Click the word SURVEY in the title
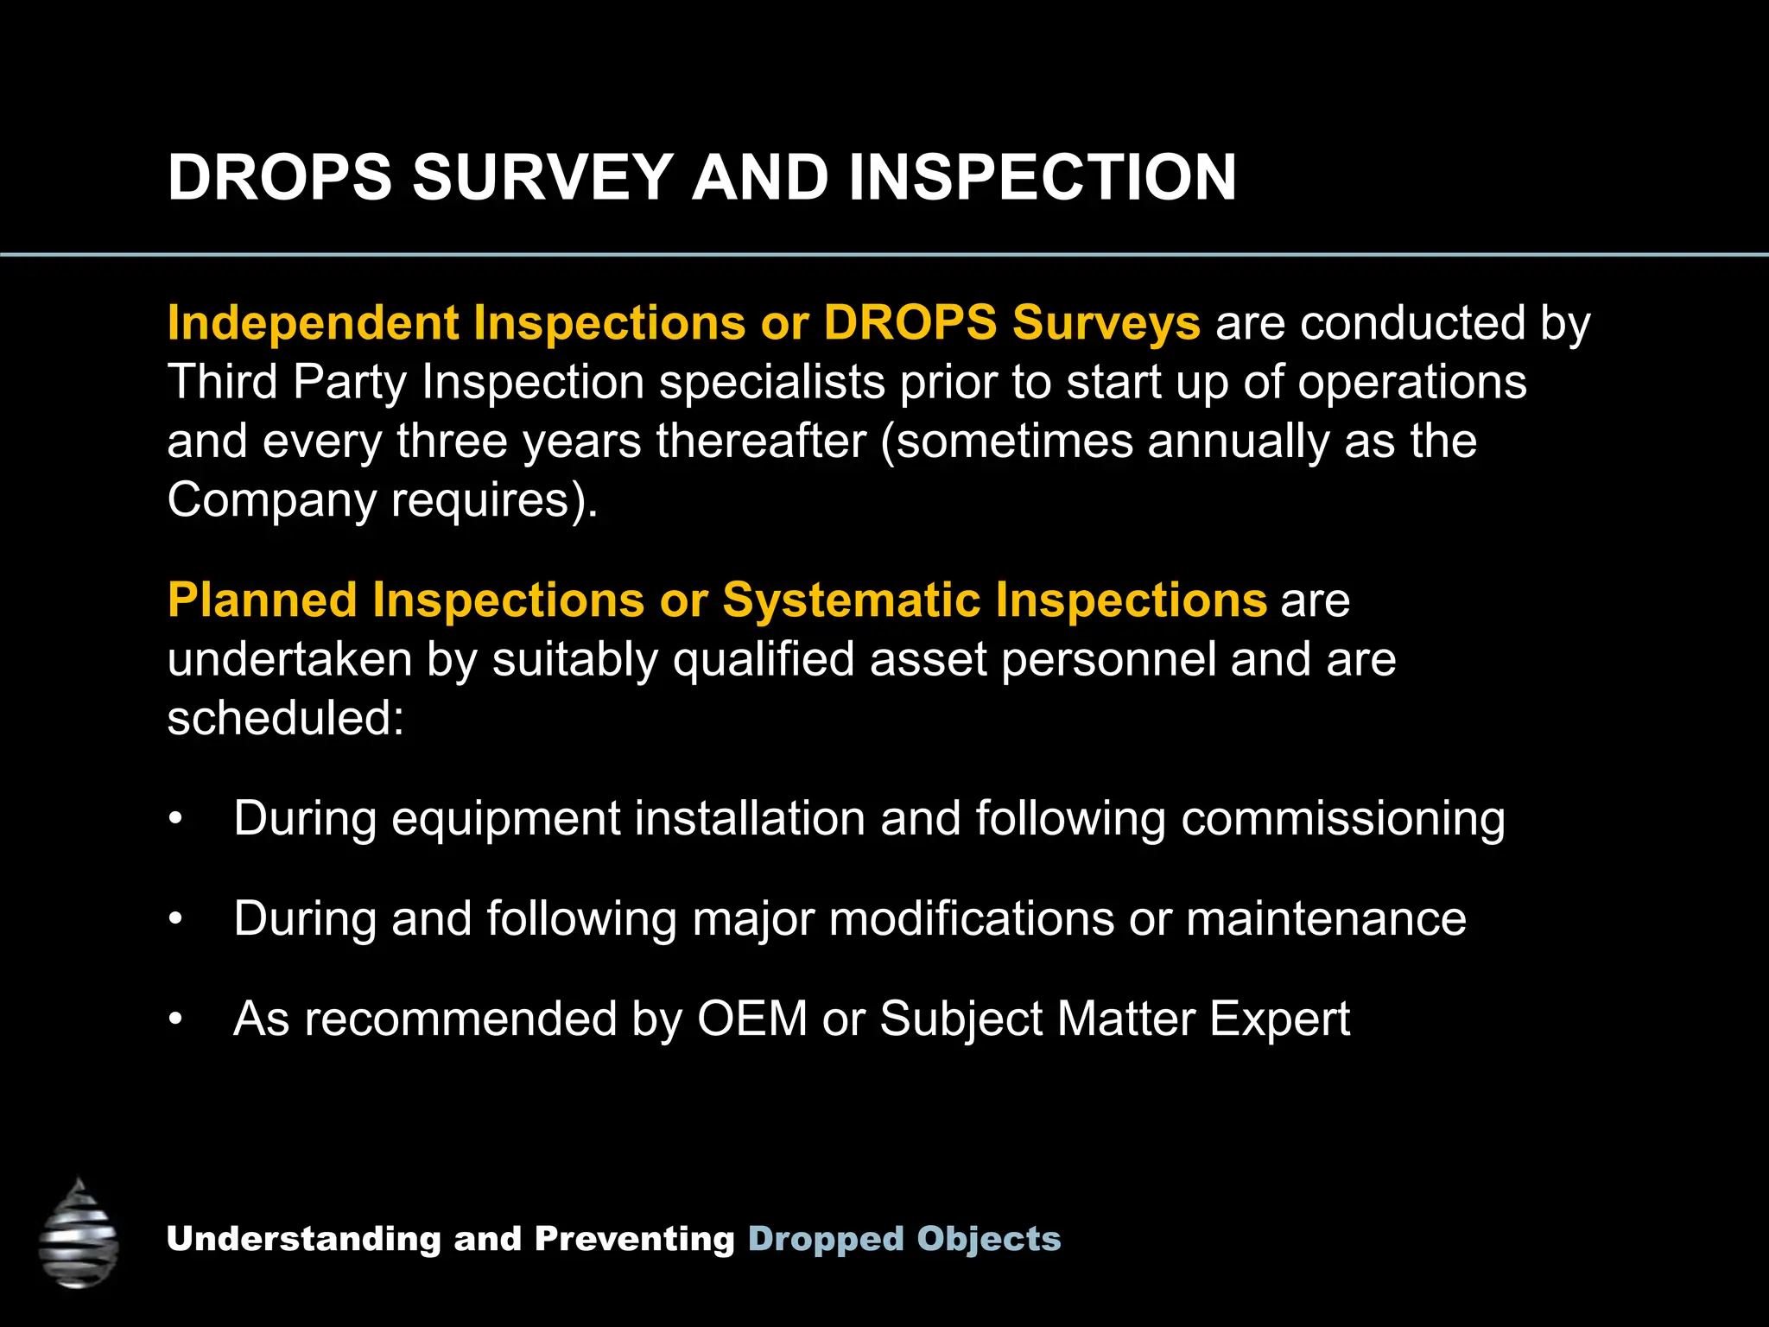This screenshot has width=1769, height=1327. point(542,177)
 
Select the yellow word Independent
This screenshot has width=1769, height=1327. point(313,323)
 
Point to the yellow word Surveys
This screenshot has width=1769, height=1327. point(1106,323)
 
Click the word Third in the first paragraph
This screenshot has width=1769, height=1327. point(222,382)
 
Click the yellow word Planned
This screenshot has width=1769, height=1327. point(262,600)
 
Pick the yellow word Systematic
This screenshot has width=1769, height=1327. point(851,600)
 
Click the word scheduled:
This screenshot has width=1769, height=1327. point(285,718)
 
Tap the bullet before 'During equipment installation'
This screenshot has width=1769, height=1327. point(175,818)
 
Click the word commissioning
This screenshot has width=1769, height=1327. point(1342,818)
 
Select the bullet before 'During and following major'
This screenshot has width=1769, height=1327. point(175,918)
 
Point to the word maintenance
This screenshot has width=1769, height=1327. point(1326,918)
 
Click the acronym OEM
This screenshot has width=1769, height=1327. point(751,1019)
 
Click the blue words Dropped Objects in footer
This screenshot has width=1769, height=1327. point(904,1238)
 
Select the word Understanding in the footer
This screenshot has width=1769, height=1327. point(303,1238)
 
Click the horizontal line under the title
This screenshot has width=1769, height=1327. point(884,255)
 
